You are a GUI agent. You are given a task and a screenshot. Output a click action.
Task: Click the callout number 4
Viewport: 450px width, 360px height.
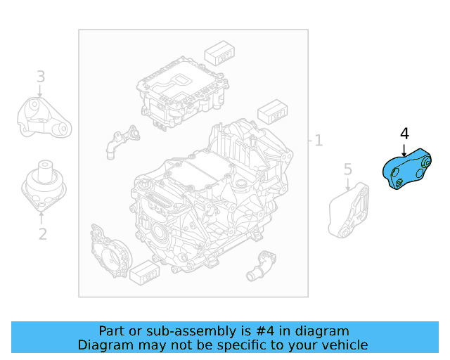(404, 134)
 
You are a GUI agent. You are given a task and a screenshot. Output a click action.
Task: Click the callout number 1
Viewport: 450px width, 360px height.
(319, 141)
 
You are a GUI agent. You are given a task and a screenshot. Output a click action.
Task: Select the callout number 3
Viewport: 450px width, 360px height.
(41, 77)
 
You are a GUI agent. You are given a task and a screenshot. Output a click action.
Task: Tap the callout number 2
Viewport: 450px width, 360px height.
(42, 233)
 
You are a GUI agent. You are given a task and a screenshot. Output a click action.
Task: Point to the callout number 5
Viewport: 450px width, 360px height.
(347, 169)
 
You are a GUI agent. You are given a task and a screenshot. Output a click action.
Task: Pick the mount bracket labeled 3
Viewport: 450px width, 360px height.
(43, 120)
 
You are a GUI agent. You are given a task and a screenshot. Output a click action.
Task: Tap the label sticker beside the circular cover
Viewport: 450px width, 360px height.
(146, 271)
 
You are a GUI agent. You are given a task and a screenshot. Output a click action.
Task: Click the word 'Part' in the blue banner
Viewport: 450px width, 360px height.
(112, 330)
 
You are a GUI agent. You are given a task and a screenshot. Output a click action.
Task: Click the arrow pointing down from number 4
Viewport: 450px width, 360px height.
(403, 149)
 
